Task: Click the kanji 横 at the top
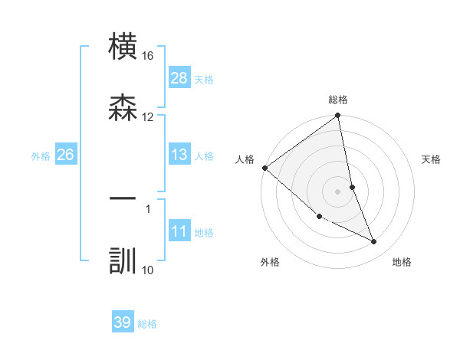click(x=123, y=47)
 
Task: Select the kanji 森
click(x=123, y=108)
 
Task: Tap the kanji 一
click(x=123, y=198)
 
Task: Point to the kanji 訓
click(x=123, y=260)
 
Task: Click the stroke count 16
click(x=148, y=56)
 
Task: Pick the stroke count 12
click(x=148, y=116)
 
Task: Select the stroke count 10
click(x=148, y=269)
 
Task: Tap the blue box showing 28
click(x=179, y=78)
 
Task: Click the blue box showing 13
click(x=179, y=155)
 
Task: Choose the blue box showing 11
click(x=179, y=231)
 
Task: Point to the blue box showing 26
click(x=66, y=155)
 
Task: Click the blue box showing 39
click(x=123, y=322)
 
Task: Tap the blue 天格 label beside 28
click(x=204, y=80)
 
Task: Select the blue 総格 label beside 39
click(x=147, y=324)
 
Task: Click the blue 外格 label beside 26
click(x=41, y=156)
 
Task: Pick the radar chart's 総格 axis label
click(x=338, y=100)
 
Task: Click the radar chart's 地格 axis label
click(x=402, y=263)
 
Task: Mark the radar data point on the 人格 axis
click(x=264, y=168)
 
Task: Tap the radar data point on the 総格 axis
click(x=338, y=116)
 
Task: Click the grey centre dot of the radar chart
click(x=338, y=191)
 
